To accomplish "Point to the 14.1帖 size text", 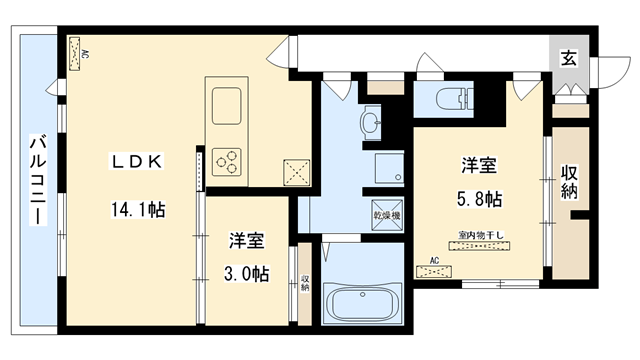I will (138, 210).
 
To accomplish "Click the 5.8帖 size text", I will (480, 199).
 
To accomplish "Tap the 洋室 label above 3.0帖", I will (246, 241).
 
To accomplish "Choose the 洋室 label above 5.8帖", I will (480, 165).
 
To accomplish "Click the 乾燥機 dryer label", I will (387, 215).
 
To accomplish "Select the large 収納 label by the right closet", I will (570, 181).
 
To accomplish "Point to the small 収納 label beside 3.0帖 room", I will (304, 283).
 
